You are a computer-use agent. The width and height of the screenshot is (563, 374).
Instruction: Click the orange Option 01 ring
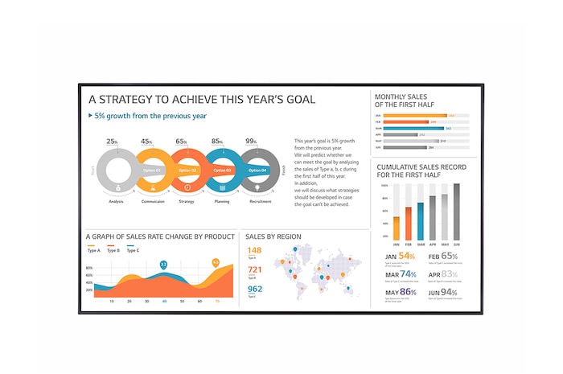click(152, 171)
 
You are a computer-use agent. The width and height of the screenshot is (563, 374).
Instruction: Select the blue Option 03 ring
click(222, 171)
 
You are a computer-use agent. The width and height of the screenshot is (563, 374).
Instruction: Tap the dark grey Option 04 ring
click(257, 171)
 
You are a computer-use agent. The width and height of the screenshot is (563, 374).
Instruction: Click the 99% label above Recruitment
click(252, 142)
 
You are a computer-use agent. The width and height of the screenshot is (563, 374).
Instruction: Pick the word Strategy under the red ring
click(187, 202)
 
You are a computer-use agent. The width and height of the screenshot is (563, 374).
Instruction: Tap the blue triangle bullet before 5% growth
click(90, 116)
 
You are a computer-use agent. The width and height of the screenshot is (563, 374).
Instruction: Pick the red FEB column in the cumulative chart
click(409, 224)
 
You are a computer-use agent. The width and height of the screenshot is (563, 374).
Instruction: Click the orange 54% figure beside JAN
click(405, 256)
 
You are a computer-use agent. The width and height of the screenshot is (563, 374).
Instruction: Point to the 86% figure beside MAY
click(408, 292)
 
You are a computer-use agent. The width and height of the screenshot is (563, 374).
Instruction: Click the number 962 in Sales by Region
click(255, 289)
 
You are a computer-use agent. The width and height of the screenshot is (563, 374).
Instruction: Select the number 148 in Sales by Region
click(254, 251)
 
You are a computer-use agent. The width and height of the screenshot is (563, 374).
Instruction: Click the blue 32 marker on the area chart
click(163, 264)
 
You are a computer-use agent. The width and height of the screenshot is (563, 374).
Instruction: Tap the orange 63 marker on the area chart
click(216, 262)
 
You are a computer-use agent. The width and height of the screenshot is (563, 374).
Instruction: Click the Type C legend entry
click(134, 250)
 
